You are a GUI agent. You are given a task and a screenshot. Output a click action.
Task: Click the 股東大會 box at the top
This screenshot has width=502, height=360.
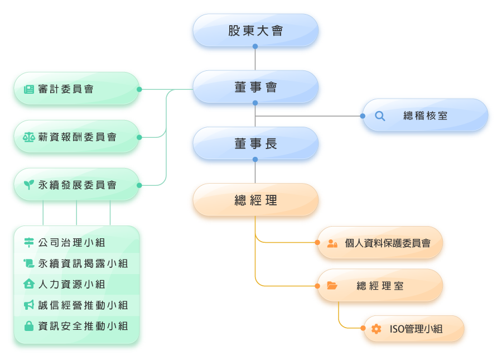pyautogui.click(x=255, y=31)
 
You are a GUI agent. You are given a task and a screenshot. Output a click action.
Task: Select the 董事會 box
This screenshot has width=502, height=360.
pyautogui.click(x=255, y=88)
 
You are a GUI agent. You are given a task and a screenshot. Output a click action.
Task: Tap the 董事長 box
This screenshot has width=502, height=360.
pyautogui.click(x=255, y=144)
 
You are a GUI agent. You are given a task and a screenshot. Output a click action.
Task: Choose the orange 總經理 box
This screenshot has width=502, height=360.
pyautogui.click(x=255, y=201)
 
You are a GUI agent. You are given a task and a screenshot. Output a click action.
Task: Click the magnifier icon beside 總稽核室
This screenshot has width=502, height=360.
pyautogui.click(x=380, y=116)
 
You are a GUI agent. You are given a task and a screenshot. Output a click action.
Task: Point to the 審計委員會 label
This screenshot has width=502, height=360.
pyautogui.click(x=66, y=89)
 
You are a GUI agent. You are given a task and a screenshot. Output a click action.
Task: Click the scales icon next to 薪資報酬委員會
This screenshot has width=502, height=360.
pyautogui.click(x=28, y=137)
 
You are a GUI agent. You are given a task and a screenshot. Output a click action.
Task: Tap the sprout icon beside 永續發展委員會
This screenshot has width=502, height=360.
pyautogui.click(x=28, y=185)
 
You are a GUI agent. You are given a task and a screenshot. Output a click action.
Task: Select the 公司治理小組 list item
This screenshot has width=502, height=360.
pyautogui.click(x=71, y=243)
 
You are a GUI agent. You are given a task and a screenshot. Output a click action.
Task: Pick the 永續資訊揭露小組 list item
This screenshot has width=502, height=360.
pyautogui.click(x=83, y=263)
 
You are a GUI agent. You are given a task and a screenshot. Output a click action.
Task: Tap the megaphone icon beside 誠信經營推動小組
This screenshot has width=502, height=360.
pyautogui.click(x=29, y=305)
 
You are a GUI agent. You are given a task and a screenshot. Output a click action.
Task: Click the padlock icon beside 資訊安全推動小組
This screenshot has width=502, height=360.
pyautogui.click(x=29, y=326)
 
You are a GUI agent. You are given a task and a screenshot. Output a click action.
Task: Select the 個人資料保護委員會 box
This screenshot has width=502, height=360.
pyautogui.click(x=388, y=243)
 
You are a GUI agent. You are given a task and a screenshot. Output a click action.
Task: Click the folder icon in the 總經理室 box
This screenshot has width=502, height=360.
pyautogui.click(x=332, y=286)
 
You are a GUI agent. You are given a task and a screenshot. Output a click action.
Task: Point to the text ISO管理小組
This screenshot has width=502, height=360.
pyautogui.click(x=416, y=329)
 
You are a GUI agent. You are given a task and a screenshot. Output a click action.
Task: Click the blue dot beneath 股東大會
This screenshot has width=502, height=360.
pyautogui.click(x=255, y=46)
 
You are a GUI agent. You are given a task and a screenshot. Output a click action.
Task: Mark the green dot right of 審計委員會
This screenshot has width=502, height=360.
pyautogui.click(x=139, y=89)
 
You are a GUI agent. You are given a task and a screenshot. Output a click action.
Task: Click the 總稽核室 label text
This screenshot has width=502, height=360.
pyautogui.click(x=425, y=116)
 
